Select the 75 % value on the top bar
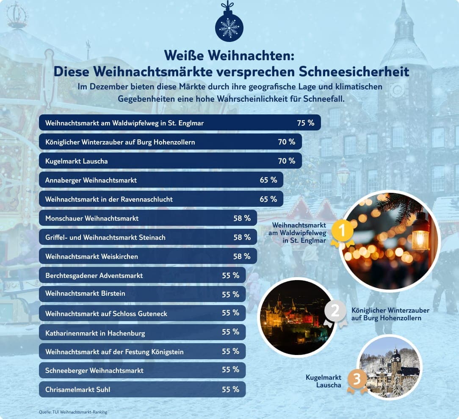point(306,123)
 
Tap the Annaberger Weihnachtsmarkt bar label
point(91,180)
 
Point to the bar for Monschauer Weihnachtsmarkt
point(148,218)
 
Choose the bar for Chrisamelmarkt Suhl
point(142,389)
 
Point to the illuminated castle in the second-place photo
point(292,316)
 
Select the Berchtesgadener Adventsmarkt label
point(94,275)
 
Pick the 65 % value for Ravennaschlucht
point(268,199)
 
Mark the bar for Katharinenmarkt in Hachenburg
point(142,333)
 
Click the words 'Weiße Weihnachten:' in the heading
point(229,56)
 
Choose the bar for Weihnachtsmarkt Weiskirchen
point(148,256)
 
